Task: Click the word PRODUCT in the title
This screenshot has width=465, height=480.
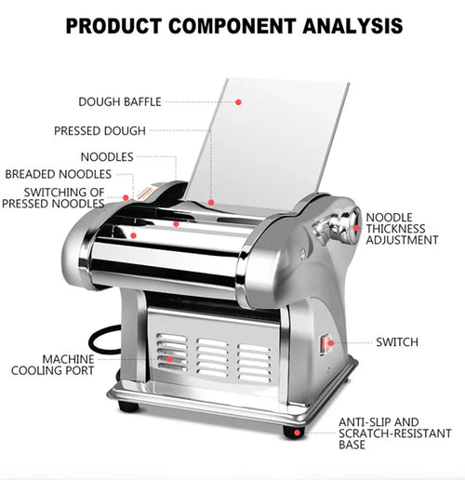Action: click(113, 26)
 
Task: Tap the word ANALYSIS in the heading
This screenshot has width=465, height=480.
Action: click(352, 26)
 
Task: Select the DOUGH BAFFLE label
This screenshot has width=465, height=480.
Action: click(120, 101)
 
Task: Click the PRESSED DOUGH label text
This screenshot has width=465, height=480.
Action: click(100, 130)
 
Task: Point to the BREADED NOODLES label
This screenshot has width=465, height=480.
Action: click(59, 174)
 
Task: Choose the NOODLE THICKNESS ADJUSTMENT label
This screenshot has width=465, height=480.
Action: click(402, 229)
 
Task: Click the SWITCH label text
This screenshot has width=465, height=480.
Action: click(397, 342)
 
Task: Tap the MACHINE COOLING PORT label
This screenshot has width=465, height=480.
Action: click(53, 365)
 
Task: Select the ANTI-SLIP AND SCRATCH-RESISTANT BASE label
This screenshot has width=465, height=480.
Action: click(395, 433)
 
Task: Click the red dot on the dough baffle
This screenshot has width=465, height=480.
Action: click(238, 102)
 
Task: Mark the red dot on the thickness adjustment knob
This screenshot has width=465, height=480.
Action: click(356, 228)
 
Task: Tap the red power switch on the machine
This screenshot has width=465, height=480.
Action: click(325, 344)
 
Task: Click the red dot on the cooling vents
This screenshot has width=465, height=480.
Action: click(169, 359)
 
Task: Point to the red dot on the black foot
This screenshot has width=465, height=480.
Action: click(297, 433)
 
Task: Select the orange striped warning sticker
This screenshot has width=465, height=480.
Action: click(145, 193)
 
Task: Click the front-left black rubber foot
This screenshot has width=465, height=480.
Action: click(128, 407)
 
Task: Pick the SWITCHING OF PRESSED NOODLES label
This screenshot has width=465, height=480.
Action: click(53, 198)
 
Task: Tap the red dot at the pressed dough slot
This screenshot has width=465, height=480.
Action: click(211, 203)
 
